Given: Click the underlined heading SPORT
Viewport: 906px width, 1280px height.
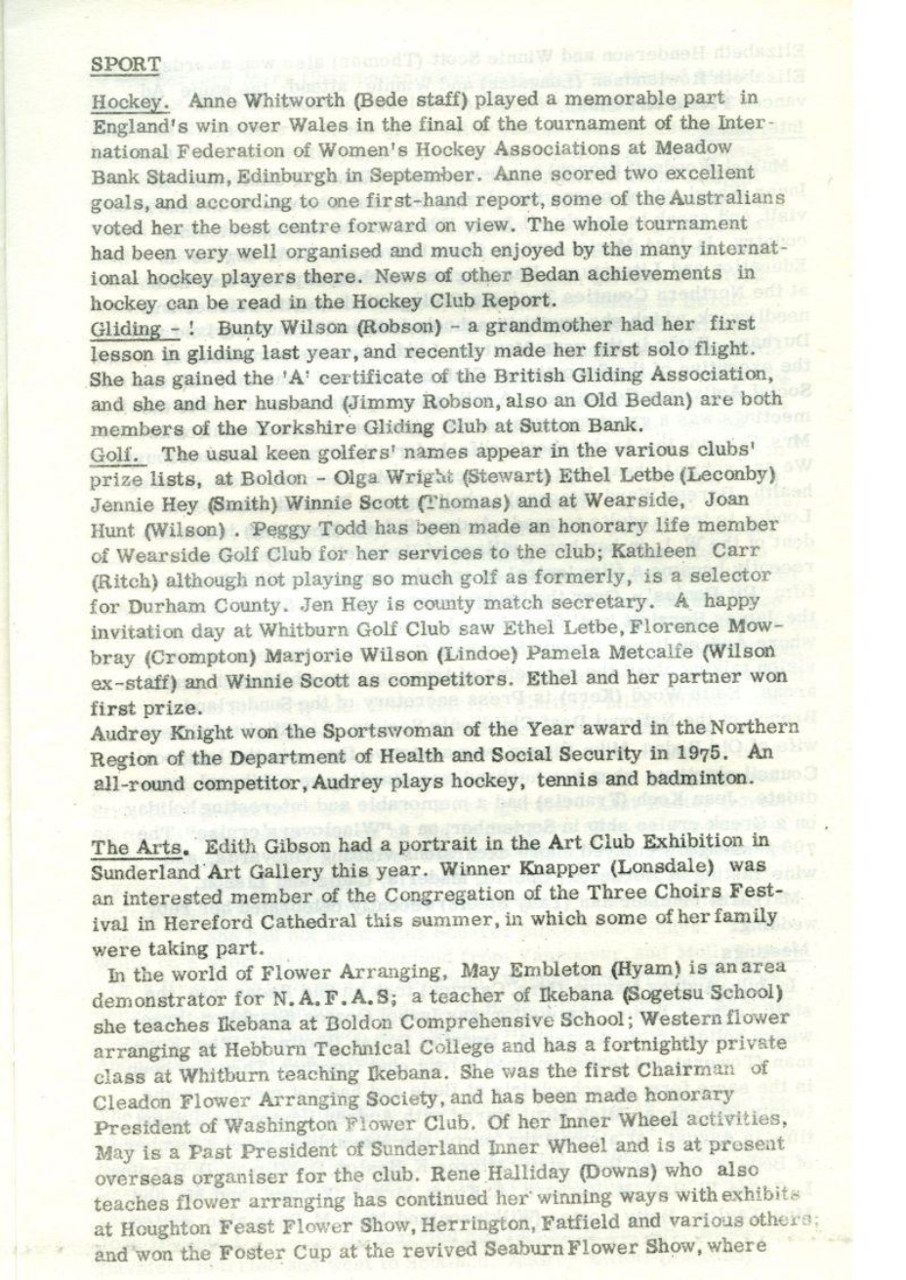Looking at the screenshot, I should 125,63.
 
